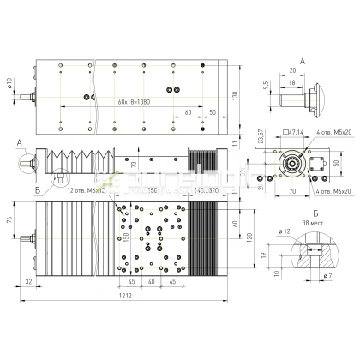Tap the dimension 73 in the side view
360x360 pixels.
pyautogui.click(x=134, y=165)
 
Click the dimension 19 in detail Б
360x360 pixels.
pyautogui.click(x=263, y=254)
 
